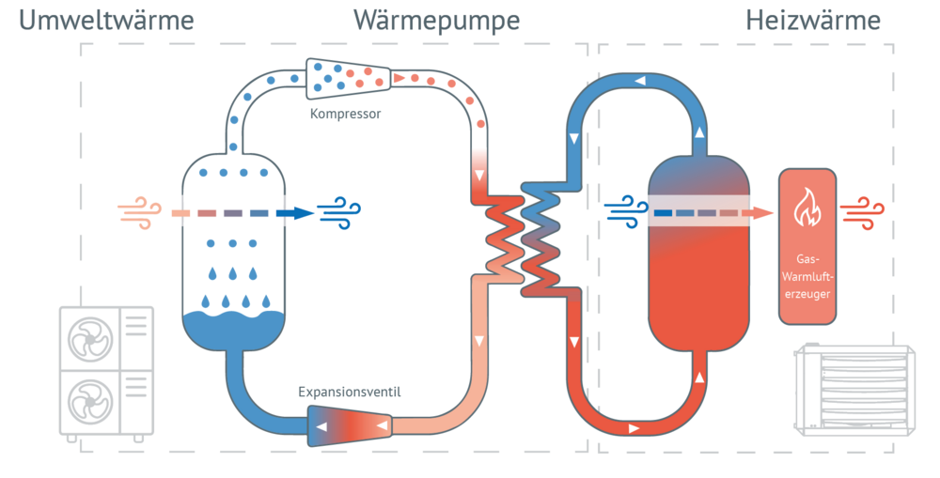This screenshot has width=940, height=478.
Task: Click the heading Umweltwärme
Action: (106, 21)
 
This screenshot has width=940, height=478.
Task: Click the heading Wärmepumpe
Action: (436, 21)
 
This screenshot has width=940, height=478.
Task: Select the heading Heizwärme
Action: (813, 21)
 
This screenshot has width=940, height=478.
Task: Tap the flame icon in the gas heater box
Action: (807, 209)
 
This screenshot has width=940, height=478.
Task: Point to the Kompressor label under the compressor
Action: (345, 115)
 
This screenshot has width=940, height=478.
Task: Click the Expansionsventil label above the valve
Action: (349, 391)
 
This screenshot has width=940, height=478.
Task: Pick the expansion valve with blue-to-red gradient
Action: (349, 426)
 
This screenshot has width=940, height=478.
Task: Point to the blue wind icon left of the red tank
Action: (625, 212)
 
